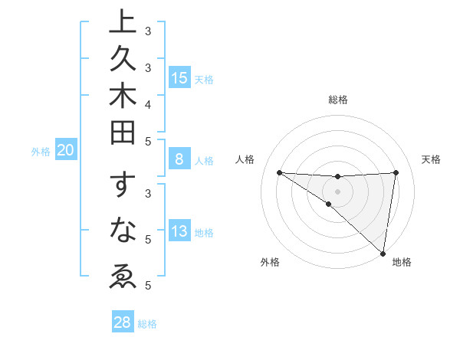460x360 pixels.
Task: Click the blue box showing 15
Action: (x=179, y=78)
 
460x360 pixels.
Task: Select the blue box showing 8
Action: (x=179, y=159)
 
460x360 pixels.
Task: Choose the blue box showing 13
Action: (x=179, y=232)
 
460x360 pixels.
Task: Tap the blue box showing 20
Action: (x=66, y=151)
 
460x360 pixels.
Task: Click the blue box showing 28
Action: (x=122, y=322)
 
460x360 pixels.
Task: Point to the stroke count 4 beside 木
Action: (x=148, y=103)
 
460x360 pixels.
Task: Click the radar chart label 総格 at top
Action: (x=338, y=100)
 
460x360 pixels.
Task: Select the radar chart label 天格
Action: (x=432, y=159)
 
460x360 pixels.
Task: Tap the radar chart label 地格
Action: (x=402, y=262)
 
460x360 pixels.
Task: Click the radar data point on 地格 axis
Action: (x=383, y=253)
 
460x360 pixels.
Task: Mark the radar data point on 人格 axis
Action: (x=279, y=172)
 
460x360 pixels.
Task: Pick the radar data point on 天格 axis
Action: (x=396, y=172)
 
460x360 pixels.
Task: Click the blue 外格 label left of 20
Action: (x=41, y=152)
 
